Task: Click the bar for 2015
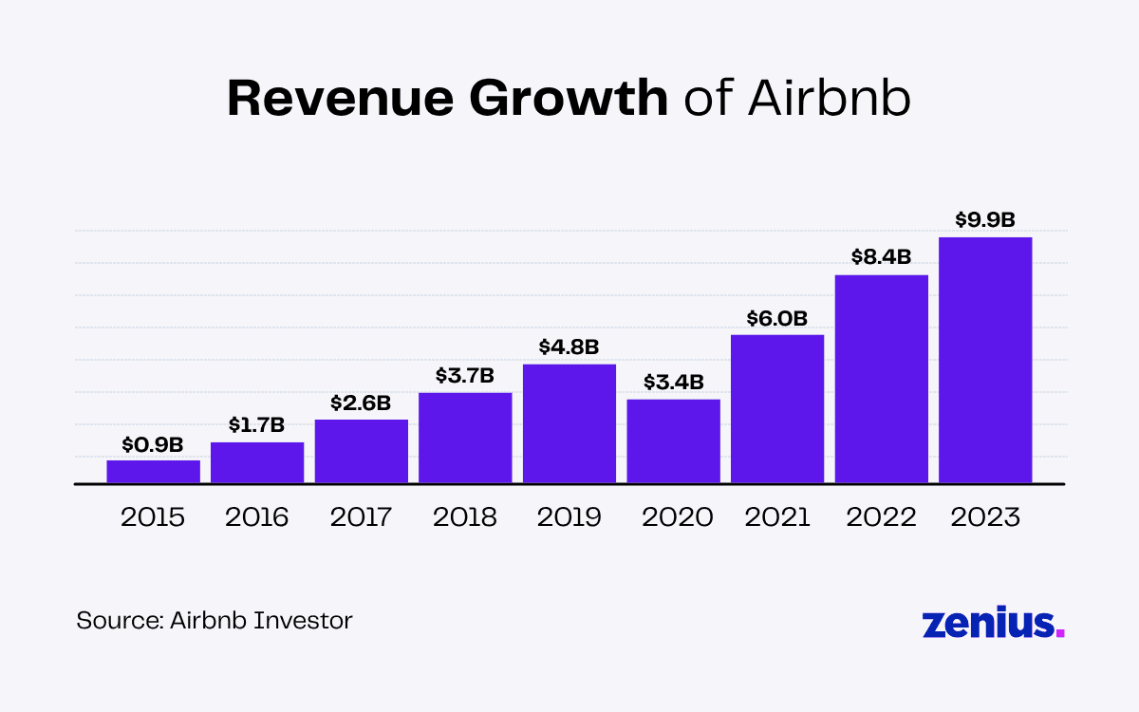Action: click(x=153, y=472)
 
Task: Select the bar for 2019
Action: click(x=569, y=423)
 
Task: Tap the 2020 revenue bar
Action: click(x=674, y=441)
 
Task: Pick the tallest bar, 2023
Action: click(x=985, y=360)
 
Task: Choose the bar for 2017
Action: click(x=362, y=451)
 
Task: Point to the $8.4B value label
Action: click(x=882, y=256)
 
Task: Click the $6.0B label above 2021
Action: click(x=777, y=317)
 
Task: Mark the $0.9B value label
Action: click(x=153, y=443)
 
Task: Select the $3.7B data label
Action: click(x=465, y=375)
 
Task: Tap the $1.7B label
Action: click(x=257, y=424)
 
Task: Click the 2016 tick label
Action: click(x=257, y=517)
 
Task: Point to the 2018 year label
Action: click(x=465, y=517)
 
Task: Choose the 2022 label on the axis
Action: click(x=882, y=517)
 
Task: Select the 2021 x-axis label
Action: click(x=777, y=517)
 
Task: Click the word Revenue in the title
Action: click(x=348, y=98)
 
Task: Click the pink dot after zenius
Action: click(x=1060, y=633)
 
